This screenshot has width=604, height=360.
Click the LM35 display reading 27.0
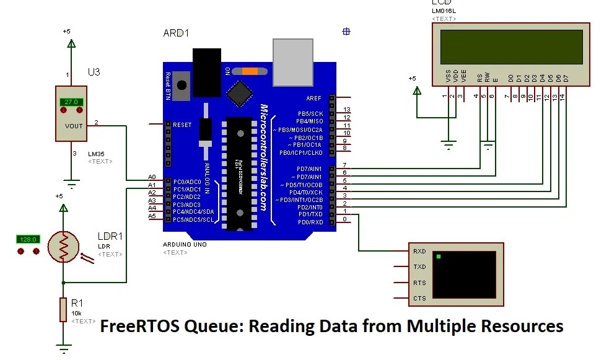(x=71, y=102)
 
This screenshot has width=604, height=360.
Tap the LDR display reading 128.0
(x=28, y=239)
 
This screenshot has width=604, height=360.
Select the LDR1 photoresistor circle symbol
(x=63, y=247)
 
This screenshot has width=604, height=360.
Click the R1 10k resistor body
(x=63, y=309)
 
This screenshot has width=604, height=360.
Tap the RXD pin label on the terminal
(x=419, y=252)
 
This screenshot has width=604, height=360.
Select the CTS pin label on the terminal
(x=419, y=299)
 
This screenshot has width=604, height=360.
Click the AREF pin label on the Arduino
(x=314, y=98)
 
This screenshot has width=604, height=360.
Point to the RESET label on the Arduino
(x=182, y=125)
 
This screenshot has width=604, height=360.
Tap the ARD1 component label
(x=175, y=33)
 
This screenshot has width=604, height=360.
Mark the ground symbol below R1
(x=63, y=348)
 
